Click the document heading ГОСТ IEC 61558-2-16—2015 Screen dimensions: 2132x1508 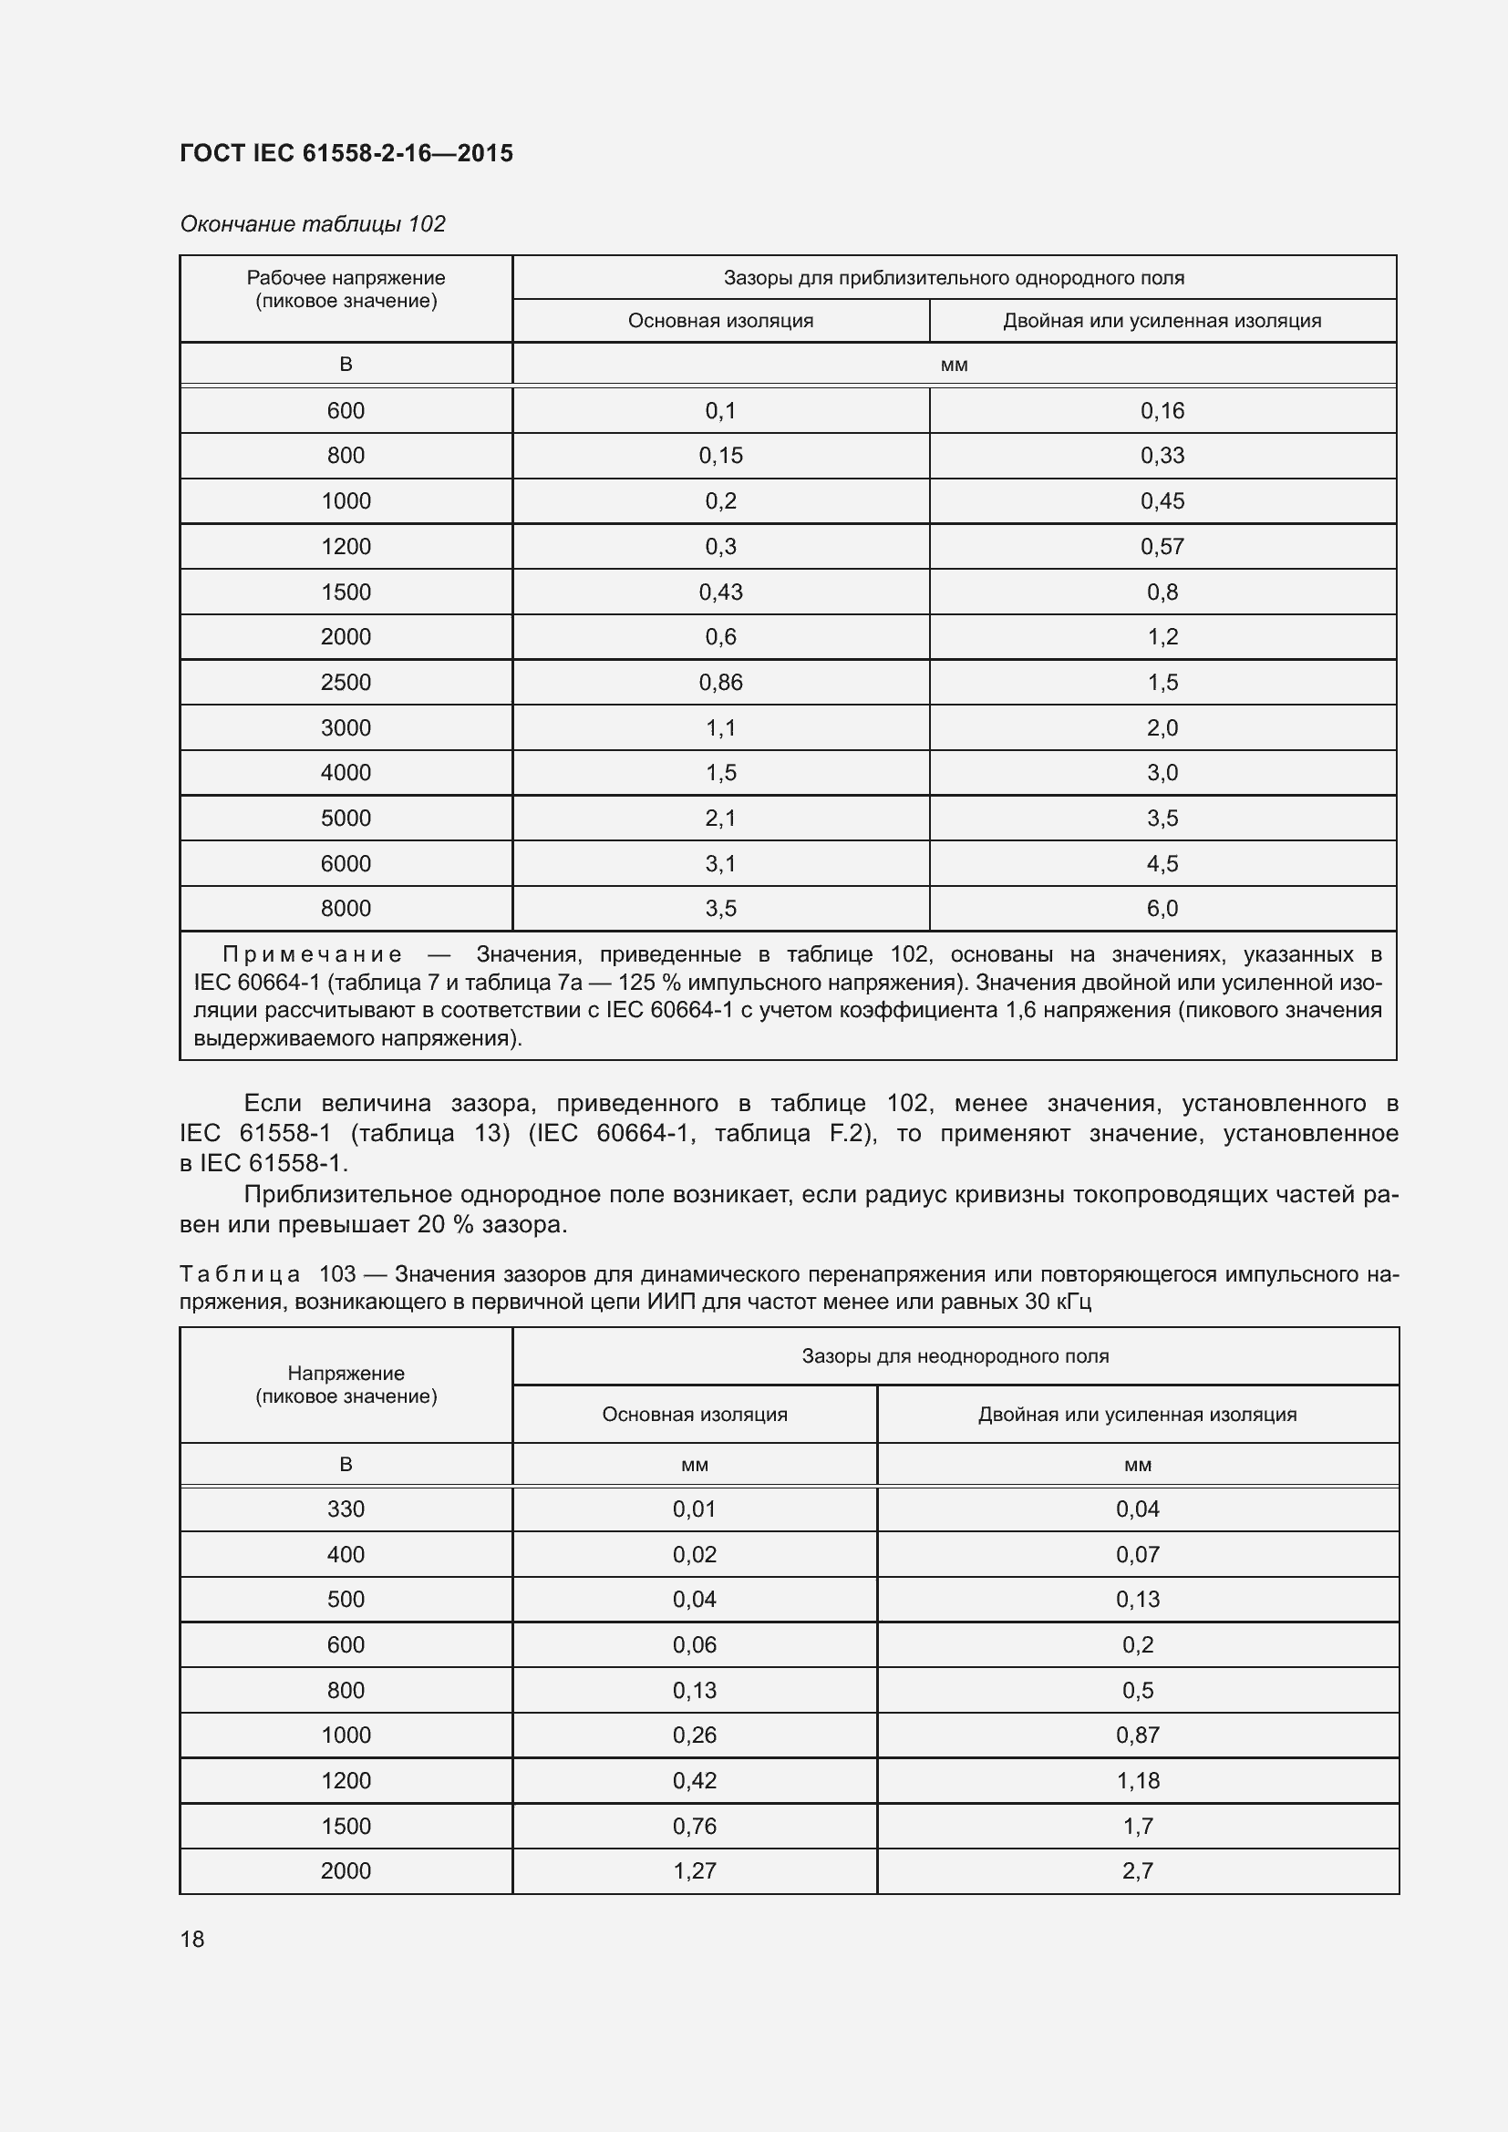346,153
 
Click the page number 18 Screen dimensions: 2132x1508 192,1939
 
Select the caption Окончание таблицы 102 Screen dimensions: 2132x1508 313,224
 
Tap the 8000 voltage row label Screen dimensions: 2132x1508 346,908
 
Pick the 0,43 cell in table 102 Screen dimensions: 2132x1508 720,592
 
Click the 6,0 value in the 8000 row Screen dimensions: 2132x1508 1162,908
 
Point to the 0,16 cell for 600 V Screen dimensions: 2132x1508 1162,410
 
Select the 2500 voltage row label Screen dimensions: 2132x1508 346,683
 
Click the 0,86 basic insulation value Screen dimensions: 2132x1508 720,683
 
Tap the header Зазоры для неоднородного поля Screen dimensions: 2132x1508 955,1355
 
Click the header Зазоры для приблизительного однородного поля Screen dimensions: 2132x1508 954,278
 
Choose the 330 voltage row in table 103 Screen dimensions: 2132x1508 346,1509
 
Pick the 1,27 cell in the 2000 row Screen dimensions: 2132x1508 695,1870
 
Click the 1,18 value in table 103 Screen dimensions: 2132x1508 1138,1780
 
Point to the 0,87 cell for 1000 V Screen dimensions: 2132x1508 1138,1735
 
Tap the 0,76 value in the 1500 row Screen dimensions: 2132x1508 695,1826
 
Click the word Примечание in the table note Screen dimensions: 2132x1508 312,954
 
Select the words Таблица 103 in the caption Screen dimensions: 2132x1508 267,1274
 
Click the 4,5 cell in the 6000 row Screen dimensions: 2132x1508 1162,863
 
